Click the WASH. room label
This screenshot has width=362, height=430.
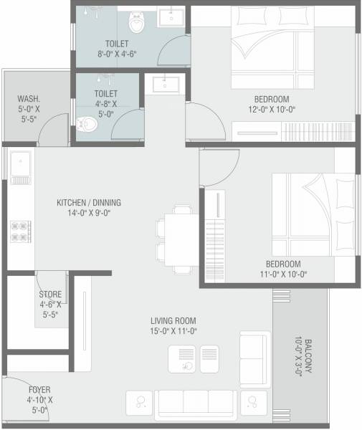coord(29,100)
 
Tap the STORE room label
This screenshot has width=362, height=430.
coord(50,295)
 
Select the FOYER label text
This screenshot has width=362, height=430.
coord(39,390)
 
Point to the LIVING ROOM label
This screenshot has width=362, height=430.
coord(173,320)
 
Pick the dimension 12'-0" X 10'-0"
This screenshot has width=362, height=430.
coord(271,110)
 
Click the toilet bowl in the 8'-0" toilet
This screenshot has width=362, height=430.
coord(136,23)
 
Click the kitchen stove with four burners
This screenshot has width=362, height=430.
coord(20,231)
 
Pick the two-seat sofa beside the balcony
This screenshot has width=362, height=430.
coord(255,358)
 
